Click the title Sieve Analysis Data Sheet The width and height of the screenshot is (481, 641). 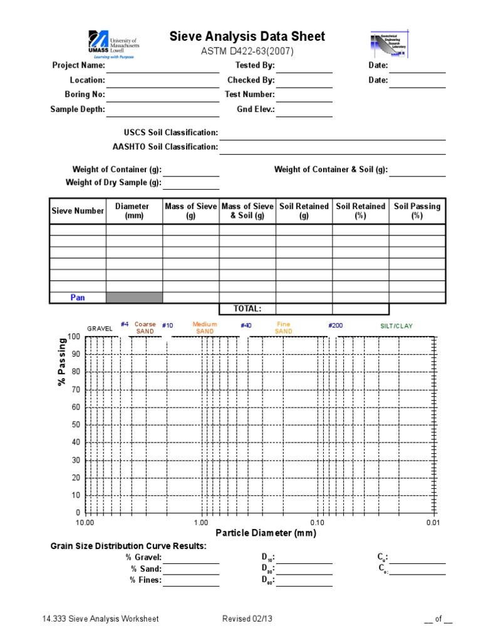247,36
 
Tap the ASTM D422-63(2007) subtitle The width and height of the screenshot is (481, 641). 247,51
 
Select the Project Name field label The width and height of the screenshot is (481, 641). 78,66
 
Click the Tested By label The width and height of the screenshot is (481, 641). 255,66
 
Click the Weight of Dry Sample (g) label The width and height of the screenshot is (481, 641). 113,183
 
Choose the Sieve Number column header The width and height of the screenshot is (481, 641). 78,211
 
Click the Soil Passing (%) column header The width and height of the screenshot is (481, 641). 417,211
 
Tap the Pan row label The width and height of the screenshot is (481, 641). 78,298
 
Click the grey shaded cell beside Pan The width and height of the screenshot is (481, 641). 134,298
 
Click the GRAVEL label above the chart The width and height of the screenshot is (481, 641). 100,329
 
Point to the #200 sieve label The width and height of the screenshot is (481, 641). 336,326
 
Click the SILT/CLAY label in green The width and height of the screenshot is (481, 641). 396,326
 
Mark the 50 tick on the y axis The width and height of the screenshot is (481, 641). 76,425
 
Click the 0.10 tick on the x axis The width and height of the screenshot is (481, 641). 318,523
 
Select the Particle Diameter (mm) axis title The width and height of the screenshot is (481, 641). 266,533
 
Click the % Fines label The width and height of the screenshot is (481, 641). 145,580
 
